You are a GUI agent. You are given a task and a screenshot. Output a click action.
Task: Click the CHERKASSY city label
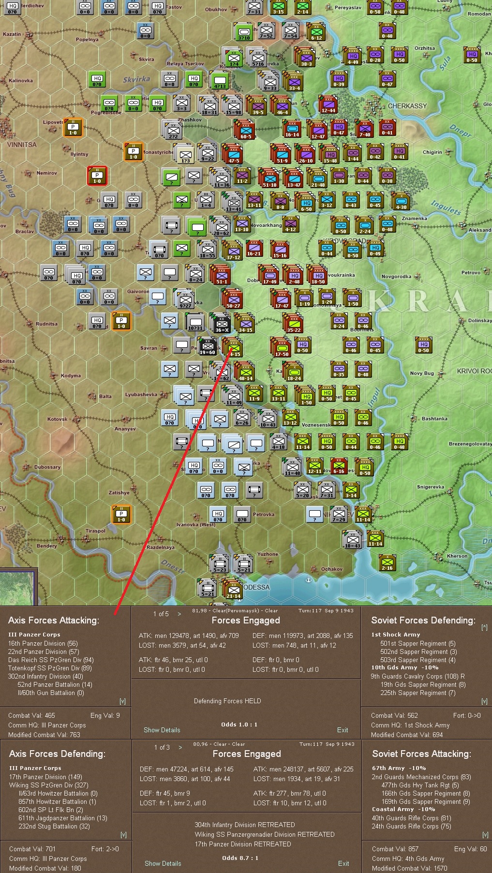click(x=407, y=106)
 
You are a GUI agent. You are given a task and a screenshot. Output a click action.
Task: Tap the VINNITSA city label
click(x=22, y=145)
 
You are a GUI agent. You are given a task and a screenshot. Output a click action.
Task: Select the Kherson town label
click(x=457, y=556)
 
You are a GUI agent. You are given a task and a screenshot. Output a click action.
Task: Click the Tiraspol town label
click(x=95, y=531)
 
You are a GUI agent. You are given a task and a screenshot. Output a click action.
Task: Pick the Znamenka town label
click(x=414, y=219)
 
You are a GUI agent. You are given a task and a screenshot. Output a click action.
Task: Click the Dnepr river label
click(x=460, y=131)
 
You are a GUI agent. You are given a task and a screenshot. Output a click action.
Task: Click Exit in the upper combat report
click(x=343, y=730)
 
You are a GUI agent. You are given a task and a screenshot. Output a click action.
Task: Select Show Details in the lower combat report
click(x=163, y=863)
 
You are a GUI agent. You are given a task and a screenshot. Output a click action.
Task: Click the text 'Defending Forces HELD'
click(x=227, y=701)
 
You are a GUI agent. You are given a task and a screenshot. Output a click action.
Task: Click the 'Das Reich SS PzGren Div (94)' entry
click(x=51, y=660)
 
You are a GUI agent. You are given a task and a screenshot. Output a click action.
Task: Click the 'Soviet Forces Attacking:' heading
click(x=421, y=754)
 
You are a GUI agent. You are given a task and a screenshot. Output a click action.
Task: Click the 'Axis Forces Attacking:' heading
click(x=54, y=620)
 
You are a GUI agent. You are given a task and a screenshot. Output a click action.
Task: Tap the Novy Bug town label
click(x=422, y=373)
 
